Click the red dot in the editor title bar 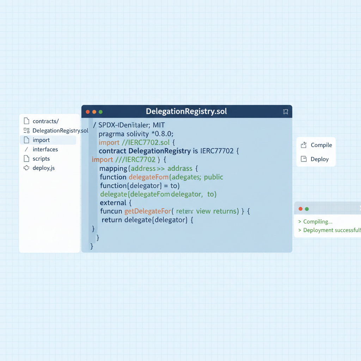point(88,112)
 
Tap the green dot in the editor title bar point(100,112)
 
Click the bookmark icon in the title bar point(286,112)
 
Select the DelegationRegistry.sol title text point(186,112)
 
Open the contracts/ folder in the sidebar point(45,121)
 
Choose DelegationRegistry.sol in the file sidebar point(60,130)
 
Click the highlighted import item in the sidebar point(41,140)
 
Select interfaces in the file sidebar point(45,149)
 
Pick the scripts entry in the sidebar point(41,159)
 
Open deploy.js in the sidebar point(44,168)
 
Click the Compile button point(321,145)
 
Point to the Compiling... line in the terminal point(318,222)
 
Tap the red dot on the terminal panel point(300,209)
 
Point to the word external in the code point(113,203)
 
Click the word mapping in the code point(113,168)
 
